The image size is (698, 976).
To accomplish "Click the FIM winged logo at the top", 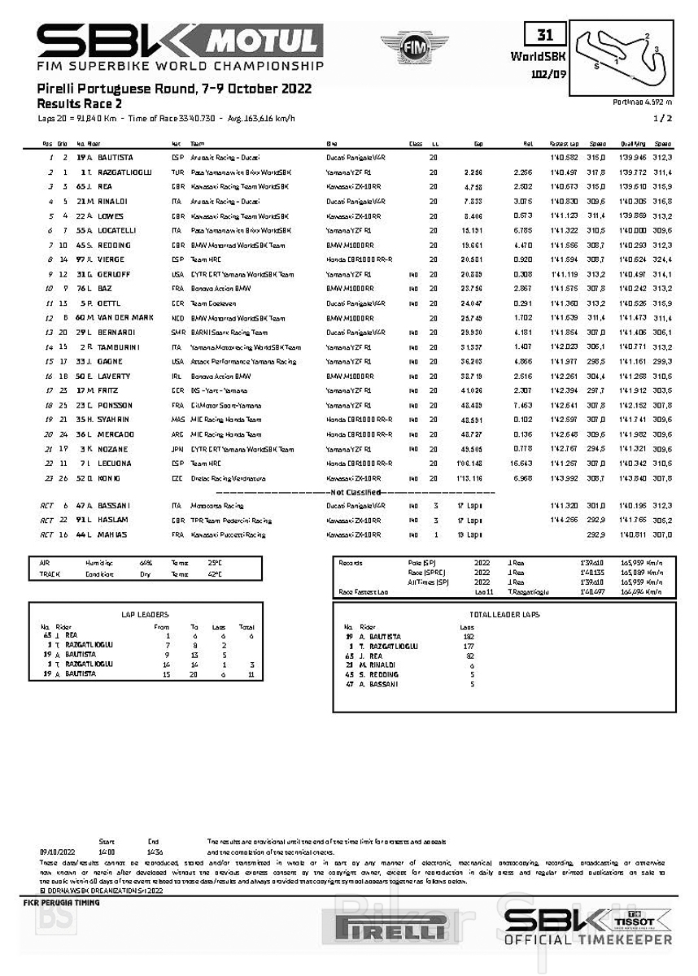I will (x=414, y=48).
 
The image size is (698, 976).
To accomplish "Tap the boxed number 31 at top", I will (x=544, y=34).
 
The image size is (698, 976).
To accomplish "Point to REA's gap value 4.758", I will (x=473, y=187).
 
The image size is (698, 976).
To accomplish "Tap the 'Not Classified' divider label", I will (x=356, y=492).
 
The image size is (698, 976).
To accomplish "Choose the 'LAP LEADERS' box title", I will (x=145, y=615).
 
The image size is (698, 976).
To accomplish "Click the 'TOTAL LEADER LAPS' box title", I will (x=504, y=615).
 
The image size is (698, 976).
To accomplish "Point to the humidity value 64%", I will (x=146, y=562).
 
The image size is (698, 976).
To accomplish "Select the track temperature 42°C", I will (x=214, y=573).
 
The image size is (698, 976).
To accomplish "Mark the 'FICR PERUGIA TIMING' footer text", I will (x=62, y=903).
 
